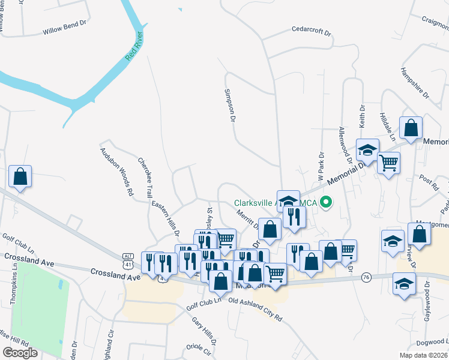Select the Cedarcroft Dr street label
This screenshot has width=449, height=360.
tap(312, 29)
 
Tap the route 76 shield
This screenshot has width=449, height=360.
tap(366, 277)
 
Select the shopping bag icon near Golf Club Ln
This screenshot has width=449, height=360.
tap(20, 176)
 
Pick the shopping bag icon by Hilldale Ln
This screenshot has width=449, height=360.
tap(411, 127)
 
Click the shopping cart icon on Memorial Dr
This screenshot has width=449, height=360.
tap(389, 161)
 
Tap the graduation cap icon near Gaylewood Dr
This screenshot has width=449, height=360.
tap(404, 283)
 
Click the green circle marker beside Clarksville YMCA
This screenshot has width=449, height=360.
tap(327, 202)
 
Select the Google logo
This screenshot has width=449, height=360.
tap(20, 353)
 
